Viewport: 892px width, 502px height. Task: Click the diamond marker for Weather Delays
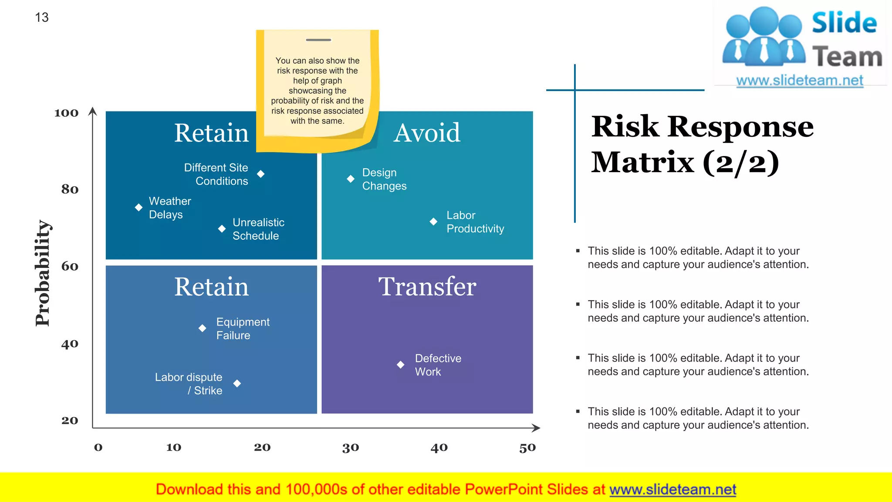click(139, 207)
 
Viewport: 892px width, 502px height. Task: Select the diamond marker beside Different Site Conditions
click(260, 174)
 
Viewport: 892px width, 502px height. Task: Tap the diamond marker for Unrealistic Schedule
click(222, 229)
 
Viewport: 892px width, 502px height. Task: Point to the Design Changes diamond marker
click(351, 179)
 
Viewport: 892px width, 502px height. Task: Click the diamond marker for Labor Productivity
click(433, 221)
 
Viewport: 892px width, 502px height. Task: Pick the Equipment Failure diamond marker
click(202, 328)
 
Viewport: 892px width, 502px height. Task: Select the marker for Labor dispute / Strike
click(237, 383)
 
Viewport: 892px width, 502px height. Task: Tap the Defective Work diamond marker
click(401, 365)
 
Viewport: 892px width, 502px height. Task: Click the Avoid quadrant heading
click(427, 132)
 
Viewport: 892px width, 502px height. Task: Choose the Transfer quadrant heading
click(427, 287)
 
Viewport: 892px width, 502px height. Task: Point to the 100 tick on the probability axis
click(66, 113)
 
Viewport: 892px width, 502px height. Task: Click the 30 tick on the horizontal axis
click(351, 448)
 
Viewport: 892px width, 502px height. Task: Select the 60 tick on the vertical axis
click(70, 266)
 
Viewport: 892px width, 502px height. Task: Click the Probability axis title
click(43, 273)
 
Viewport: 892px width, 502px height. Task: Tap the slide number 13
click(41, 17)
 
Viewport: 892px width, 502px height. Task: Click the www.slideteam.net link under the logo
click(800, 81)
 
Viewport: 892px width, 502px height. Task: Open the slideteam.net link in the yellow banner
click(672, 489)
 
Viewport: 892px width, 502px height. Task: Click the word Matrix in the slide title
click(642, 162)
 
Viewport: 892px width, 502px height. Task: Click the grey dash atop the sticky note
click(318, 40)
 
